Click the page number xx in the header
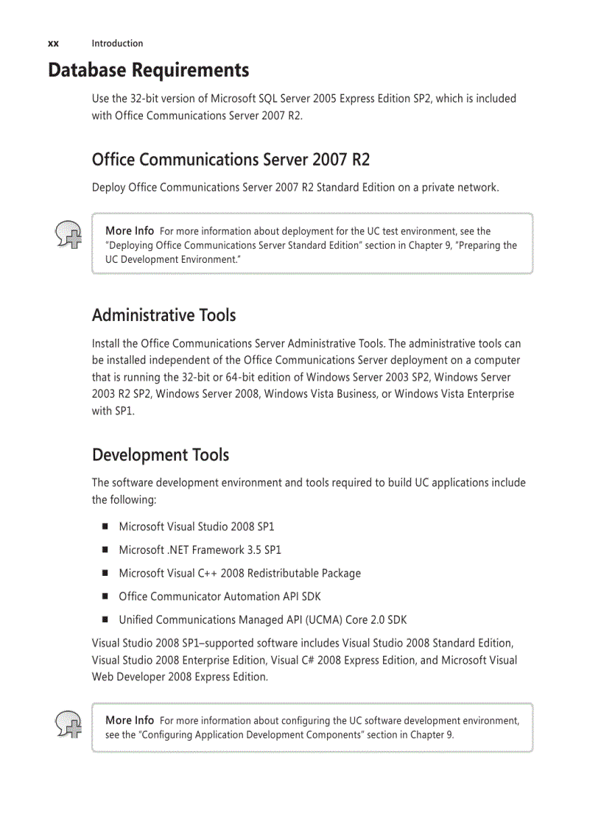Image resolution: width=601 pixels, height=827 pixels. click(x=53, y=43)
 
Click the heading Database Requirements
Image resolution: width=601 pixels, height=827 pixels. click(x=148, y=71)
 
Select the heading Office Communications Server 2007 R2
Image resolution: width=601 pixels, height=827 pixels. click(x=231, y=160)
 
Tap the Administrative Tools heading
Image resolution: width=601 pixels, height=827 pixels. click(x=164, y=315)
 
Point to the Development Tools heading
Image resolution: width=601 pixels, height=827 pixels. click(x=160, y=455)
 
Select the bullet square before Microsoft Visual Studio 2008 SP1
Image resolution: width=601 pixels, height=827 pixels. click(x=105, y=527)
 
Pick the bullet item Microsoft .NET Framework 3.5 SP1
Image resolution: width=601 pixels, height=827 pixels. click(x=200, y=550)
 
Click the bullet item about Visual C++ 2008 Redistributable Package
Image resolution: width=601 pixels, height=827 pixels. click(x=239, y=574)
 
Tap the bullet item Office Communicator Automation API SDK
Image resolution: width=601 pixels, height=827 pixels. click(x=219, y=597)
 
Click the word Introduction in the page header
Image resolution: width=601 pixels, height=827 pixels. click(x=117, y=43)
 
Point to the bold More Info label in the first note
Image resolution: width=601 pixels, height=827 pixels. click(x=130, y=231)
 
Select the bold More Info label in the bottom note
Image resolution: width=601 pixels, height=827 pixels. click(x=130, y=720)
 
